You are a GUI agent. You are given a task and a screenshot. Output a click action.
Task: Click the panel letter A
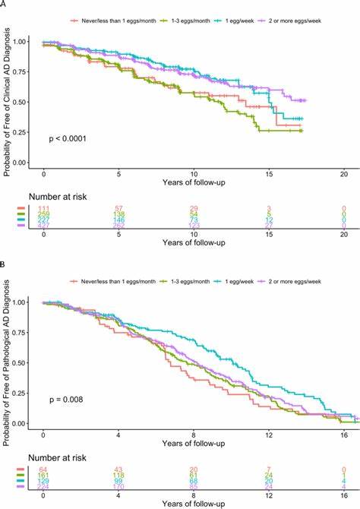tap(4, 4)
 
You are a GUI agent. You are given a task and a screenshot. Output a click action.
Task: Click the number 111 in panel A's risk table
tap(43, 207)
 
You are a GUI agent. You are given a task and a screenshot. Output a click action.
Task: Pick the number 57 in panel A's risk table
tap(118, 207)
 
